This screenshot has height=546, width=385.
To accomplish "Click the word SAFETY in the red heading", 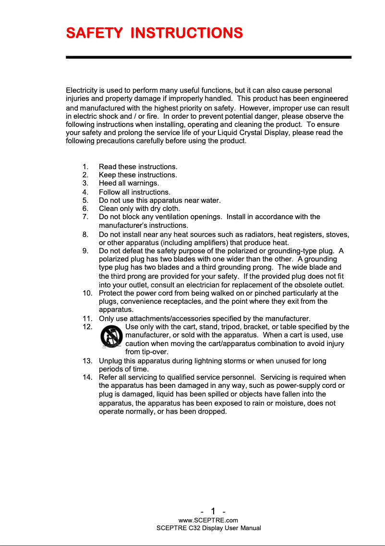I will coord(94,33).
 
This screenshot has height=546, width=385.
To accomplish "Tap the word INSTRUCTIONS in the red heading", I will coord(186,33).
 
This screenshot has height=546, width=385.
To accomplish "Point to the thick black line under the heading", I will coord(208,57).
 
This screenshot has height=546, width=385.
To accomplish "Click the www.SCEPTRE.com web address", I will coord(208,520).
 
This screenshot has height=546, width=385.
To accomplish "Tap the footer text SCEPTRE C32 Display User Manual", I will coord(209,528).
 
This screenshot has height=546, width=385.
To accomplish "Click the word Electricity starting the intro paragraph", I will coord(82,90).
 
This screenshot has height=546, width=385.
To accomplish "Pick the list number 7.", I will coord(85,217).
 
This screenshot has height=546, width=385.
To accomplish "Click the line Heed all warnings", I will coord(129,183).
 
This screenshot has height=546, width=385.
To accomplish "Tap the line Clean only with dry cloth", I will coord(139,209).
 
